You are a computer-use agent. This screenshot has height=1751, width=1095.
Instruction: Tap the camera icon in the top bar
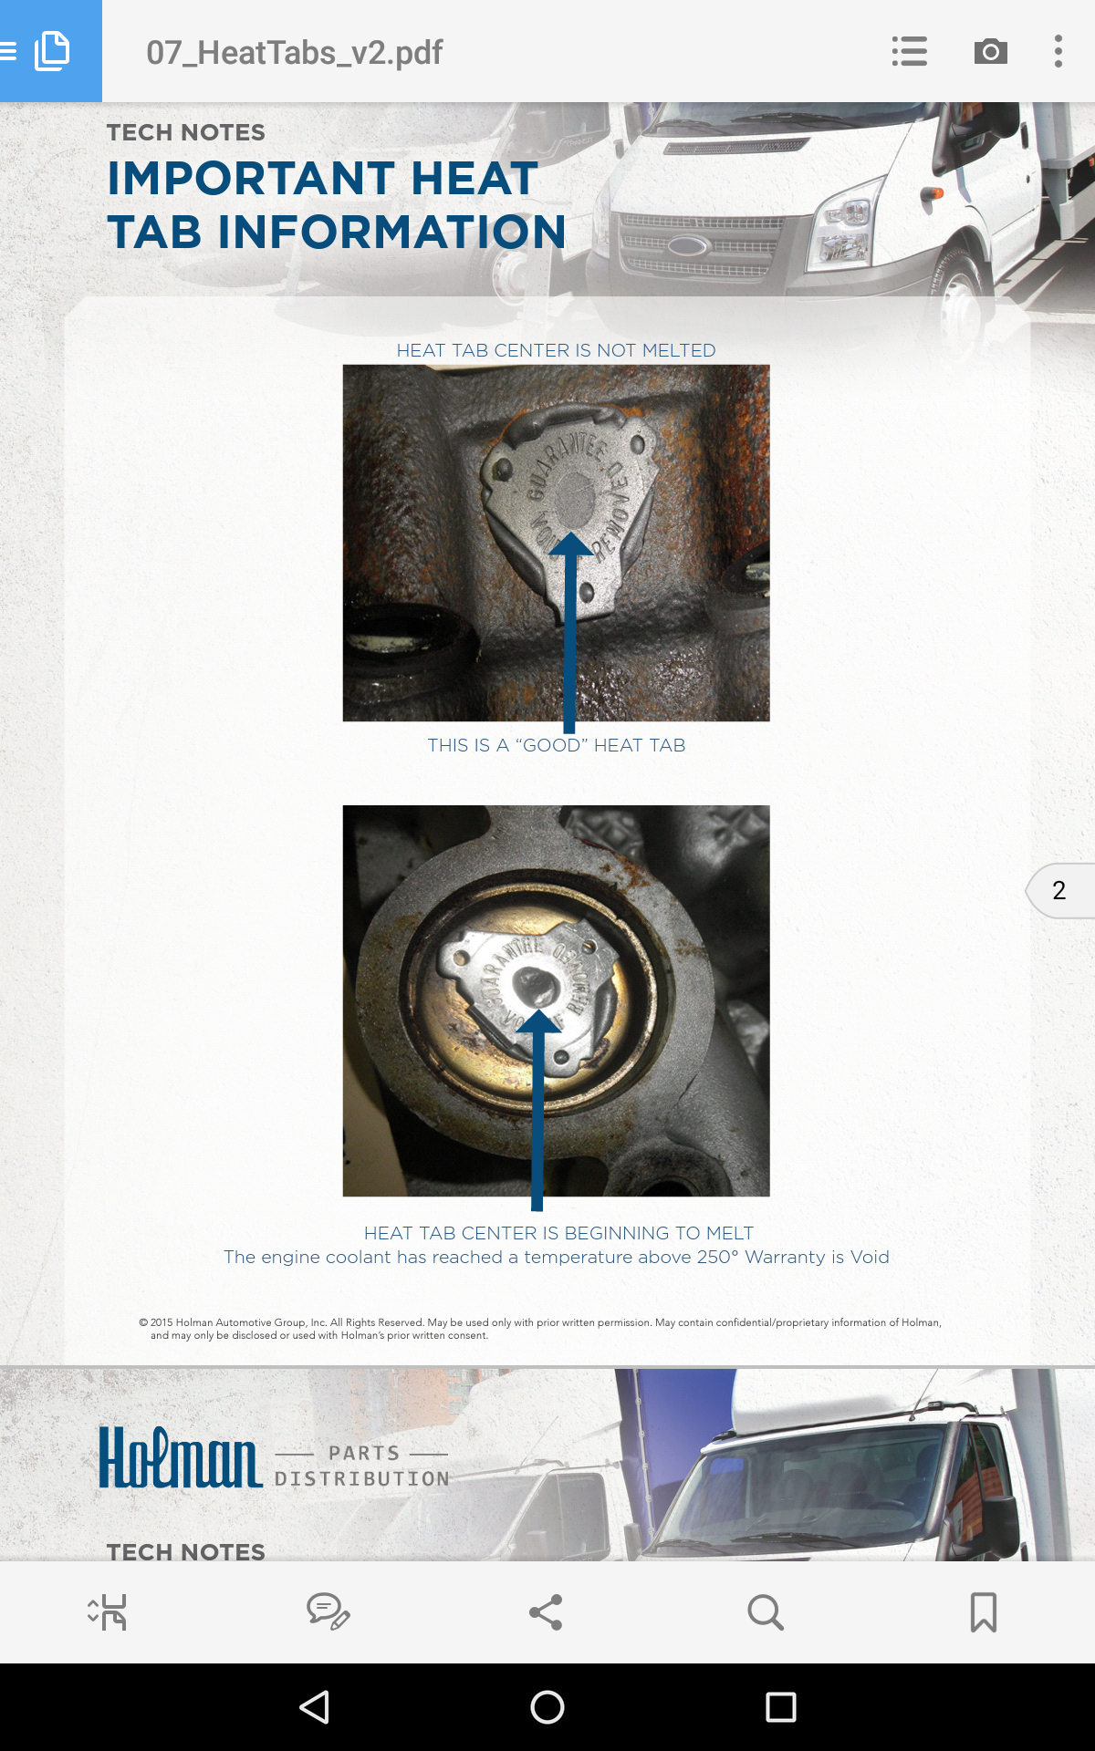pyautogui.click(x=990, y=51)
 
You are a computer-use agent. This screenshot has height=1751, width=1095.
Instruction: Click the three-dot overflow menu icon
pyautogui.click(x=1058, y=51)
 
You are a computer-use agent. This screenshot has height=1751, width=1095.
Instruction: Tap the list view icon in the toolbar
pyautogui.click(x=909, y=51)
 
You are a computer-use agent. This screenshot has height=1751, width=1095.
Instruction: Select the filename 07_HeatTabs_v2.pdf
pyautogui.click(x=294, y=53)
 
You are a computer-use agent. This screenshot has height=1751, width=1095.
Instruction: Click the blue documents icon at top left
pyautogui.click(x=51, y=51)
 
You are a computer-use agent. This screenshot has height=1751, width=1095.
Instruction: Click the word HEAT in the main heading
pyautogui.click(x=474, y=179)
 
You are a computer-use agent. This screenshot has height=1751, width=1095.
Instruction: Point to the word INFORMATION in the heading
pyautogui.click(x=391, y=233)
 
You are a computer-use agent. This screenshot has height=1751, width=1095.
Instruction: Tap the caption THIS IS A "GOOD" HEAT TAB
pyautogui.click(x=556, y=745)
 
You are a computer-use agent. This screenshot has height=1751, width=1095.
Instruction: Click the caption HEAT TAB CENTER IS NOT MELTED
pyautogui.click(x=556, y=350)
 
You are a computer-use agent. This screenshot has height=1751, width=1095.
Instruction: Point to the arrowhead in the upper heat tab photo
pyautogui.click(x=570, y=544)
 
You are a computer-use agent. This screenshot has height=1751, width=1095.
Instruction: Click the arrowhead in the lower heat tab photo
pyautogui.click(x=538, y=1021)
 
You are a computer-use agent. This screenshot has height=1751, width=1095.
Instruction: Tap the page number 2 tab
pyautogui.click(x=1059, y=890)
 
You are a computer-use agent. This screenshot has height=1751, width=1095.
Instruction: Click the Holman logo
pyautogui.click(x=181, y=1457)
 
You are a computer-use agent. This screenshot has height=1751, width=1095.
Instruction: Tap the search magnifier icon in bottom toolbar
pyautogui.click(x=765, y=1612)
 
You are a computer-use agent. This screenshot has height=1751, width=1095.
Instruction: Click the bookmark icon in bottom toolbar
pyautogui.click(x=983, y=1612)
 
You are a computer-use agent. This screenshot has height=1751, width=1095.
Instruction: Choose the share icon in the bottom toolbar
pyautogui.click(x=546, y=1612)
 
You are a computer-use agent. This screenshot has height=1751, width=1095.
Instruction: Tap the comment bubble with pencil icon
pyautogui.click(x=328, y=1612)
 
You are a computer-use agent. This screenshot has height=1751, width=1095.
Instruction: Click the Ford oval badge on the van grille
pyautogui.click(x=687, y=245)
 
